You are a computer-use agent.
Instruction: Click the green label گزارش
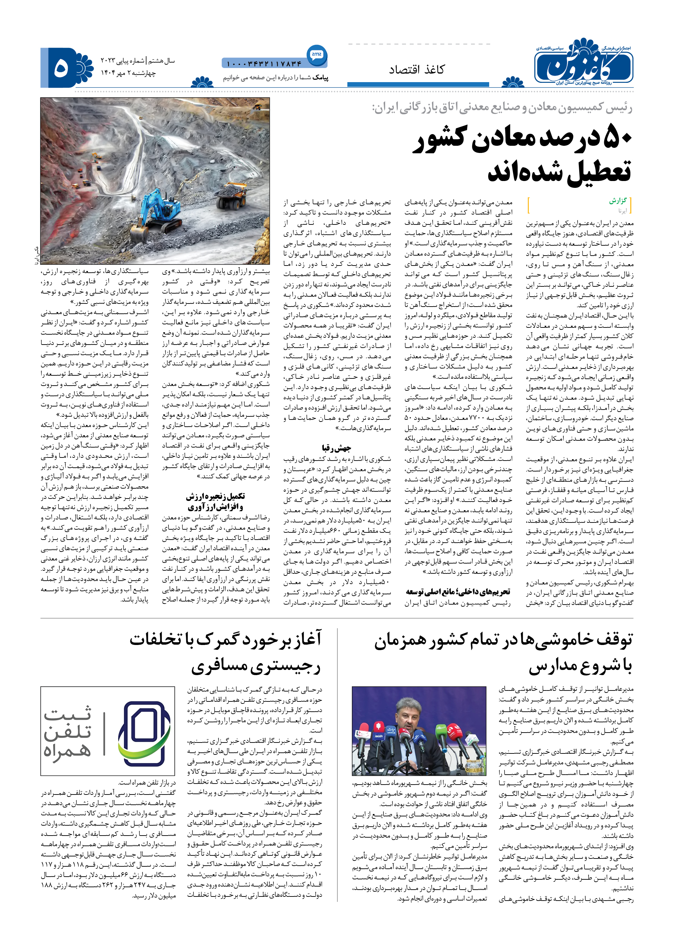coord(618,201)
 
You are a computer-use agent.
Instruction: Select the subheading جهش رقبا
coord(336,448)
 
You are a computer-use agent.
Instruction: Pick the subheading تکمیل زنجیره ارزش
coord(215,496)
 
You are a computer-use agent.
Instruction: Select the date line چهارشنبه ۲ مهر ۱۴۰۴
coord(129,73)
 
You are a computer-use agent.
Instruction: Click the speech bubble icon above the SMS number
coord(317,54)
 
